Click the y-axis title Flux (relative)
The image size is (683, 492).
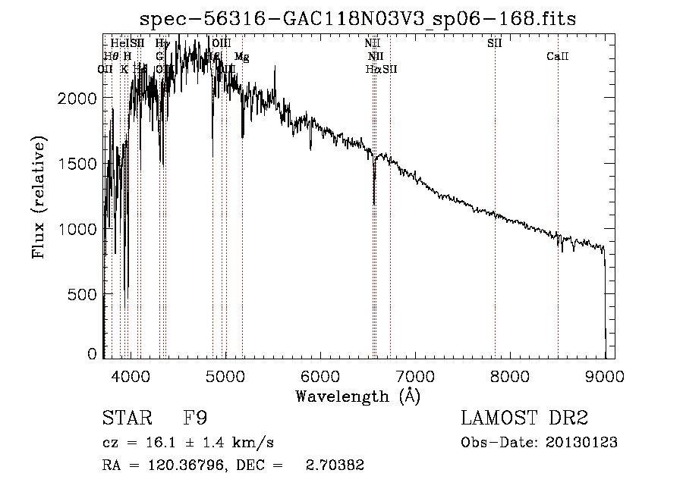[x=39, y=196]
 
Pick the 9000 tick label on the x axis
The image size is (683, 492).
[x=605, y=375]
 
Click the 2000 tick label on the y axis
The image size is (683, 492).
[x=80, y=99]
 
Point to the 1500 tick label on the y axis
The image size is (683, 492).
[x=80, y=164]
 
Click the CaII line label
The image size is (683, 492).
[x=558, y=57]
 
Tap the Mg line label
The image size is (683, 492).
[x=241, y=57]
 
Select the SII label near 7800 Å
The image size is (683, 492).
[x=495, y=43]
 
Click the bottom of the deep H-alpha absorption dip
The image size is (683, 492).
[x=374, y=203]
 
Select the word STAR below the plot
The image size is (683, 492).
[x=127, y=418]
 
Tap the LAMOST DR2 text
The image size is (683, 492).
[x=524, y=418]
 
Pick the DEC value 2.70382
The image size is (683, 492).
[x=335, y=465]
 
